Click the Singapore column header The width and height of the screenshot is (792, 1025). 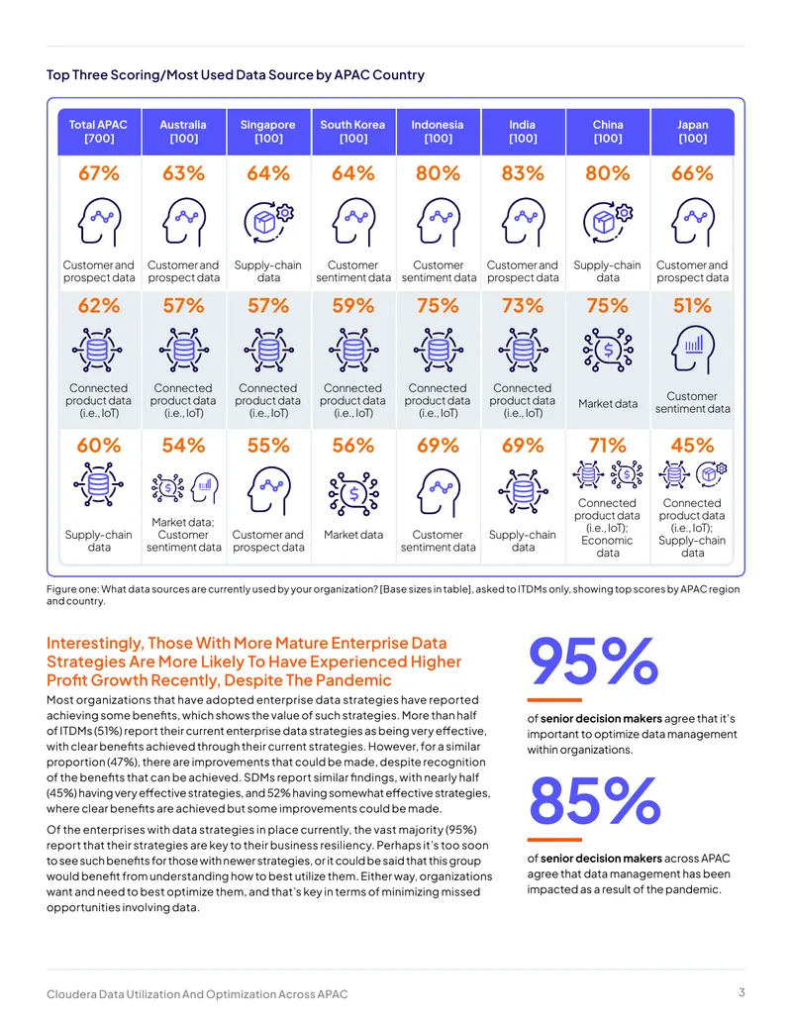pyautogui.click(x=268, y=132)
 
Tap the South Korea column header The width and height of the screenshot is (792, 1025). pyautogui.click(x=352, y=132)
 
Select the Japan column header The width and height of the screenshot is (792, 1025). pyautogui.click(x=693, y=132)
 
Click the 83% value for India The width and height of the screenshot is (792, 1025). pyautogui.click(x=523, y=174)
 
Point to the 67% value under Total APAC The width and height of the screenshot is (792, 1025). pyautogui.click(x=99, y=174)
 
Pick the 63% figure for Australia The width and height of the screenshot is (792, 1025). pyautogui.click(x=183, y=174)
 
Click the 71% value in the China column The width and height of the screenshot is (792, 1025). pyautogui.click(x=608, y=446)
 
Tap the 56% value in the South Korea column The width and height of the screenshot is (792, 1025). pyautogui.click(x=353, y=446)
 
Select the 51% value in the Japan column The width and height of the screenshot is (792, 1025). pyautogui.click(x=693, y=306)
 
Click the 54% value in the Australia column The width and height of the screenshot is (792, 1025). pyautogui.click(x=183, y=446)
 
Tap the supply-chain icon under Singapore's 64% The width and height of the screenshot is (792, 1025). pyautogui.click(x=268, y=221)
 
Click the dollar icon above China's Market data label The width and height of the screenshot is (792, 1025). pyautogui.click(x=608, y=351)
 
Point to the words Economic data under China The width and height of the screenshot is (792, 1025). pyautogui.click(x=608, y=547)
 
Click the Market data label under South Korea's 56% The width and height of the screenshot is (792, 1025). pyautogui.click(x=353, y=535)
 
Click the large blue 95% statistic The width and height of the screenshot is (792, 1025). pyautogui.click(x=593, y=662)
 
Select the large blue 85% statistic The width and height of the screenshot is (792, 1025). pyautogui.click(x=595, y=801)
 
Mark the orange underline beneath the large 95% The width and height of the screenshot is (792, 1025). pyautogui.click(x=554, y=700)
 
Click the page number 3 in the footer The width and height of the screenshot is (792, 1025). pyautogui.click(x=742, y=992)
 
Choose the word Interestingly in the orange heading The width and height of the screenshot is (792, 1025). pyautogui.click(x=94, y=644)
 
